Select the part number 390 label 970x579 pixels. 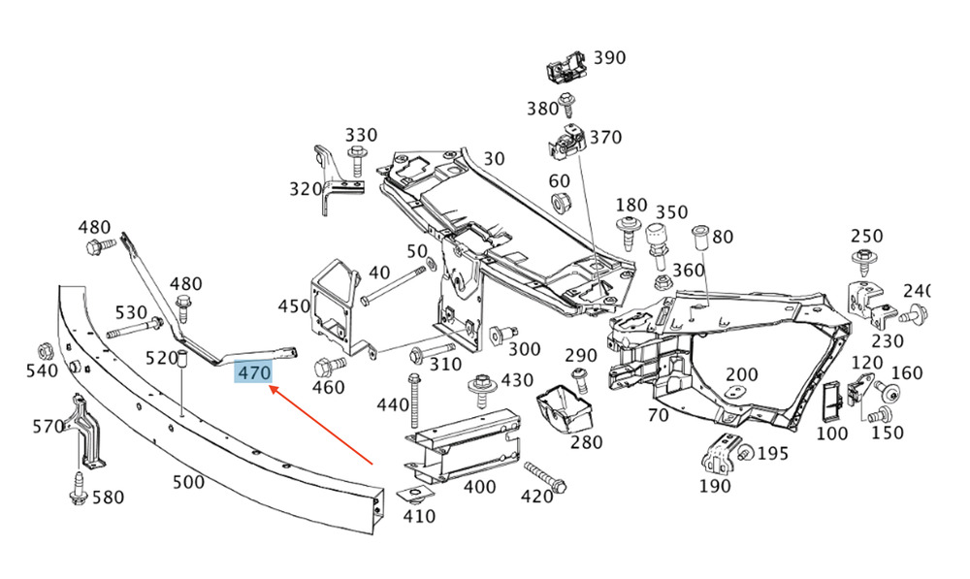coord(609,57)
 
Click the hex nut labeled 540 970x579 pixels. coord(45,349)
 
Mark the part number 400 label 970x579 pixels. coord(479,486)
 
